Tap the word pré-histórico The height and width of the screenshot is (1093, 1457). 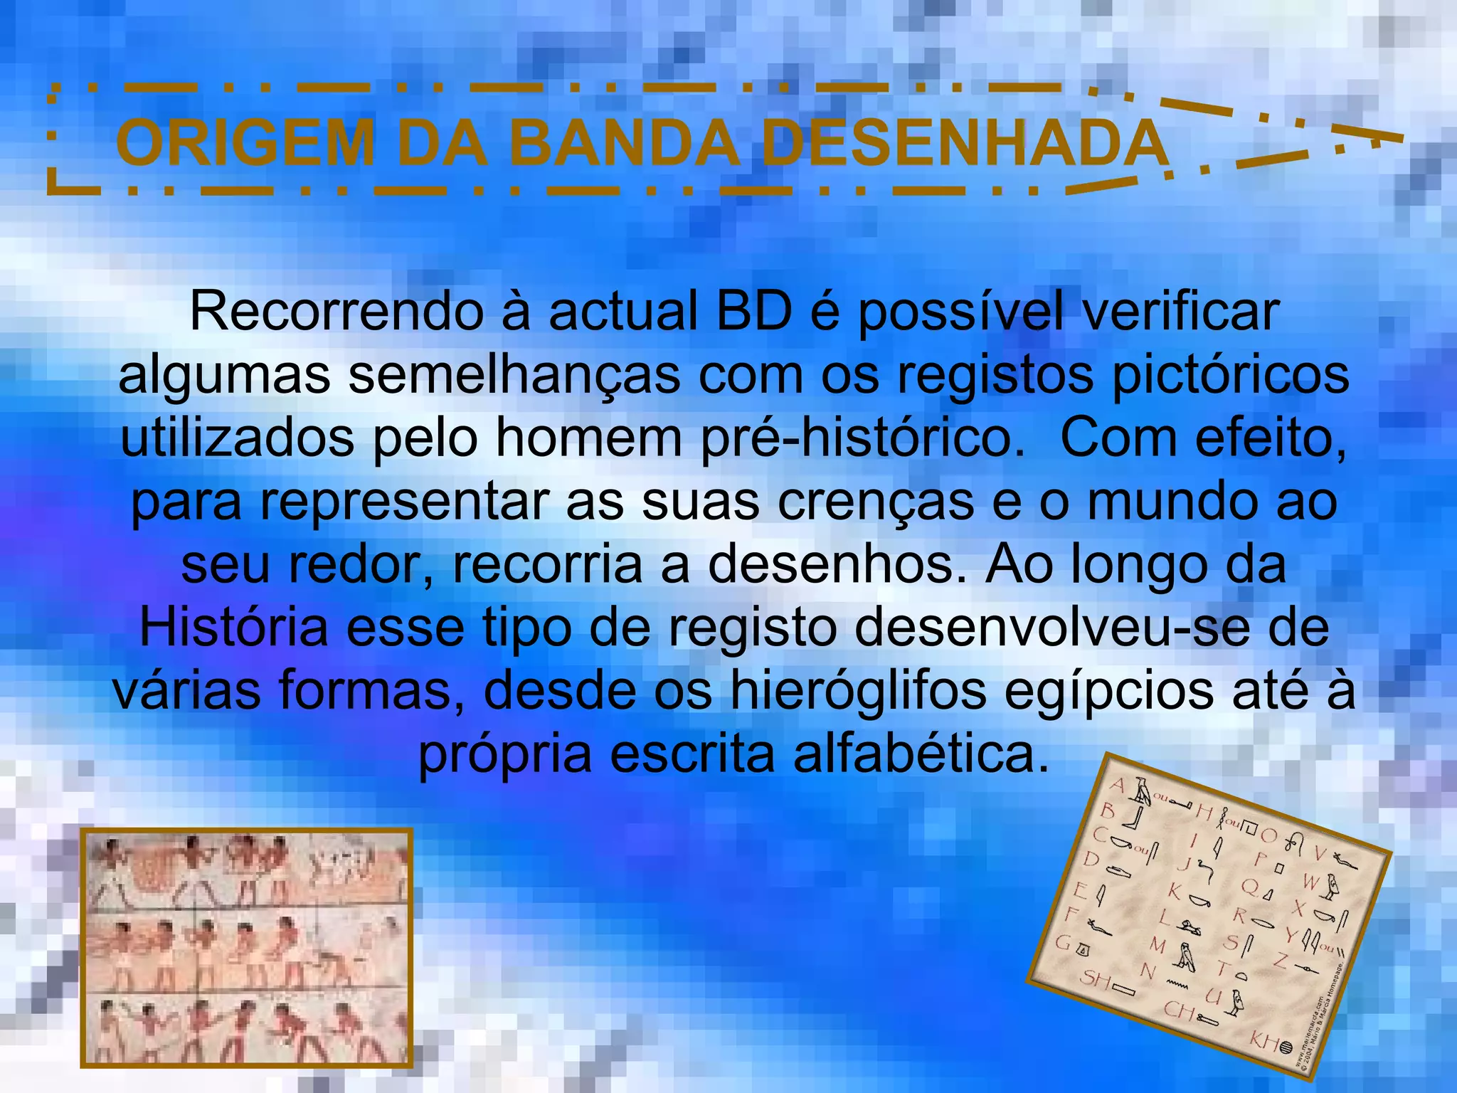863,439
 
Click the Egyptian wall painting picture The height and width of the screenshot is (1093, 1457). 246,948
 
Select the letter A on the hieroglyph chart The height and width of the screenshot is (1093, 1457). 1118,786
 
